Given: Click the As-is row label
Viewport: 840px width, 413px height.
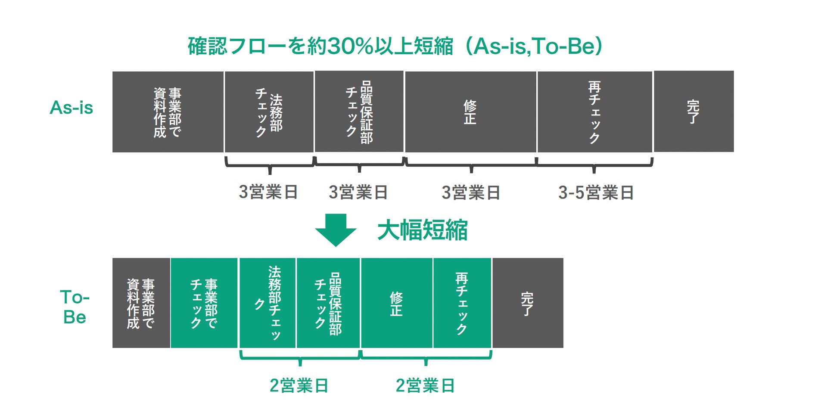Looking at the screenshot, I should tap(72, 108).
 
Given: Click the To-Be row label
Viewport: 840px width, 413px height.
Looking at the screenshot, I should tap(75, 307).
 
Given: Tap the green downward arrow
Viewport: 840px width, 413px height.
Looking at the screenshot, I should tap(336, 230).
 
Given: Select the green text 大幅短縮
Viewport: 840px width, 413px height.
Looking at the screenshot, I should tap(423, 230).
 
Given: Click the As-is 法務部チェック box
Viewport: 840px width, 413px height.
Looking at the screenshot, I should tap(269, 112).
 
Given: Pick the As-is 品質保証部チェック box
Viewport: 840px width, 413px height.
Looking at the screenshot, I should tap(359, 112).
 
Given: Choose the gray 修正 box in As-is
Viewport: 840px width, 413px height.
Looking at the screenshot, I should tap(470, 112).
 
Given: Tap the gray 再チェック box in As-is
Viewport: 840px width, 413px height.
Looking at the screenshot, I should tap(594, 112).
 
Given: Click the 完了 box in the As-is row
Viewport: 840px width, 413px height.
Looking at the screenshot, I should tap(694, 112).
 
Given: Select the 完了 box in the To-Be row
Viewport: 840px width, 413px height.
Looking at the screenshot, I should tap(528, 303).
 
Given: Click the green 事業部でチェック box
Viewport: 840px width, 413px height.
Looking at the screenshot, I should tap(204, 303).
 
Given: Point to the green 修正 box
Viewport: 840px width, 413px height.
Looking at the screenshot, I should tap(397, 303).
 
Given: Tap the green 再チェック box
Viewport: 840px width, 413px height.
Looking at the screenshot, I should tap(462, 303).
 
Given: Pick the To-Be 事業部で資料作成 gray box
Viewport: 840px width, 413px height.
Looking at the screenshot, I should tap(141, 303).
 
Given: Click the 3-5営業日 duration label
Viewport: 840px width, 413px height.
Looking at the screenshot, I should tap(596, 193).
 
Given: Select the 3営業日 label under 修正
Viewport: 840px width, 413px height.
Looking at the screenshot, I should tap(471, 193).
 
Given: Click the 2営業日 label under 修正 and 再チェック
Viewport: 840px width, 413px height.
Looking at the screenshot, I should tap(425, 385).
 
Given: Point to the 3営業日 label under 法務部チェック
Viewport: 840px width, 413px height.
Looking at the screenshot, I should tap(268, 192).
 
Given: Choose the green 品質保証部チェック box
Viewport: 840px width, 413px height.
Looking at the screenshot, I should tap(328, 303).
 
